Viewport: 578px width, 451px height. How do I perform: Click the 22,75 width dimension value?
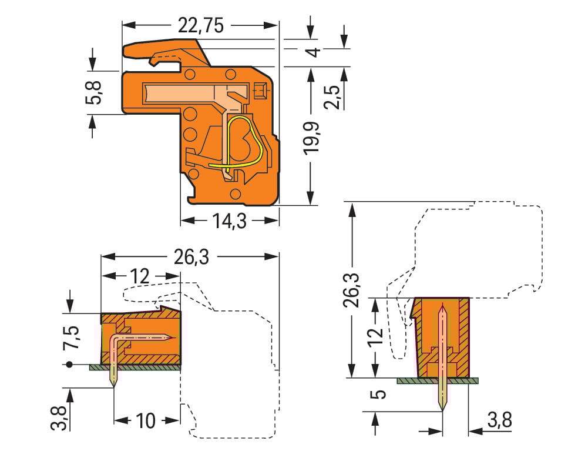click(x=200, y=25)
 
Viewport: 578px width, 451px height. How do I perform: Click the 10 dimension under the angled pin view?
click(x=145, y=420)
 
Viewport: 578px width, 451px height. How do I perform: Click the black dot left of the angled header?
click(x=70, y=365)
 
